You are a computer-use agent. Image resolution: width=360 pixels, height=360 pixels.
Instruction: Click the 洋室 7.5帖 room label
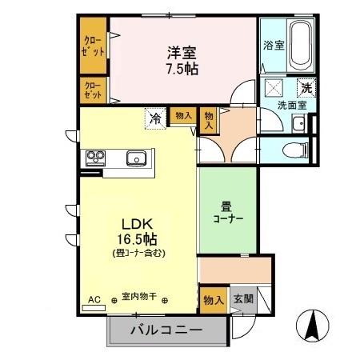click(x=182, y=61)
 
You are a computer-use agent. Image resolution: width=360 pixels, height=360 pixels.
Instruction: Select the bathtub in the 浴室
click(x=301, y=46)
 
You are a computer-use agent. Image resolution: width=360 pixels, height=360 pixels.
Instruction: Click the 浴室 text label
click(x=273, y=46)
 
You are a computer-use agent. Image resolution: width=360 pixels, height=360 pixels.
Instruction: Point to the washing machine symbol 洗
click(x=306, y=88)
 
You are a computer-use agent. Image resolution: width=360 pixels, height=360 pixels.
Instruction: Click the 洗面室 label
click(x=286, y=104)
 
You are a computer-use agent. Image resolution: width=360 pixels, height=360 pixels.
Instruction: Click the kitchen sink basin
click(x=136, y=158)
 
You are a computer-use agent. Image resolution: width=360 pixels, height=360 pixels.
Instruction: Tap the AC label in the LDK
click(x=94, y=299)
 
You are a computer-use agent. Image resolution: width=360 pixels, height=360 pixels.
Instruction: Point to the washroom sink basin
click(x=298, y=122)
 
